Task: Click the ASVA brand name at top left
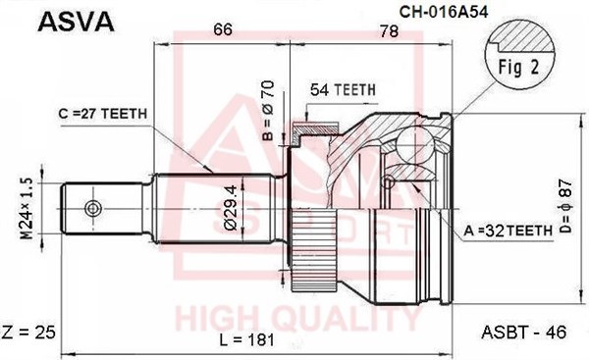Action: coord(76,22)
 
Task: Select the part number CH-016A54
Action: coord(444,12)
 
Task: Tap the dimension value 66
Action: coord(223,29)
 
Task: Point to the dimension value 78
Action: coord(389,31)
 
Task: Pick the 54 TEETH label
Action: coord(343,89)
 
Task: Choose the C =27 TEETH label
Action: coord(102,114)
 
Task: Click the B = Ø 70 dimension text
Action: coord(268,111)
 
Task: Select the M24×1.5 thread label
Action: coord(27,209)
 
